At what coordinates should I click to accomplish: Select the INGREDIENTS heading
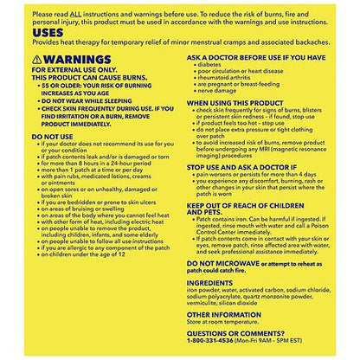tap(214, 282)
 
